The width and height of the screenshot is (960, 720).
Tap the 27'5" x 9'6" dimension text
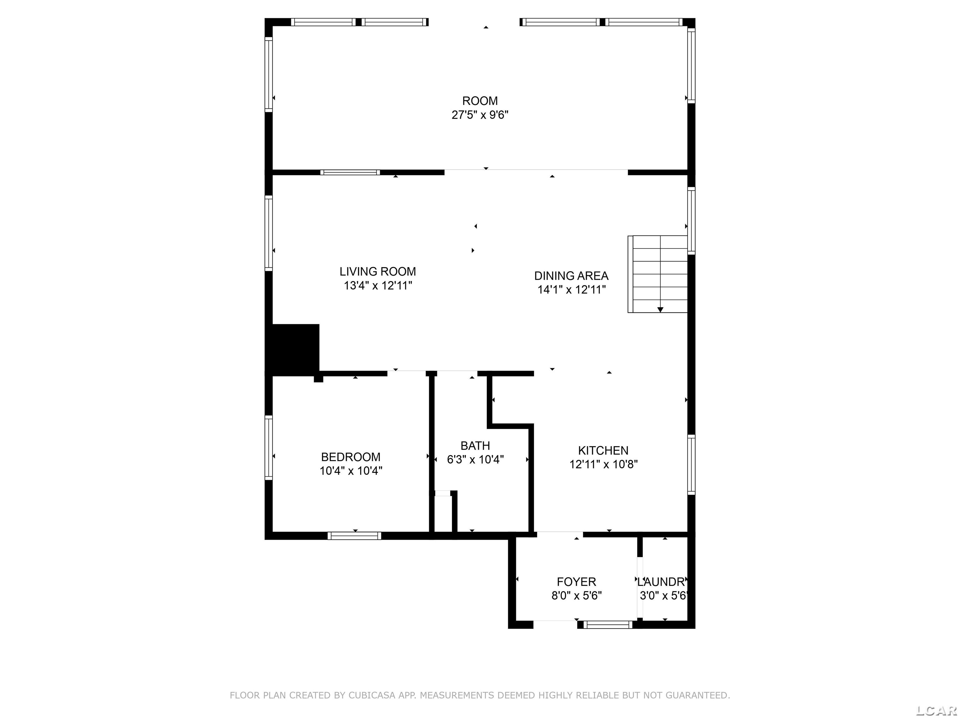[480, 115]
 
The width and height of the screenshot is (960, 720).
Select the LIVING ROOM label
[377, 272]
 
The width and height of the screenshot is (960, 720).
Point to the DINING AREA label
[571, 276]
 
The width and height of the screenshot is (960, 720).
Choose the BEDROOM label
[351, 457]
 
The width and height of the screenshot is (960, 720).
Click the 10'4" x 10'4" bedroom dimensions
[351, 471]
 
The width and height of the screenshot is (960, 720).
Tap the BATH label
[475, 446]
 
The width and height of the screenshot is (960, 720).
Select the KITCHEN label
[603, 451]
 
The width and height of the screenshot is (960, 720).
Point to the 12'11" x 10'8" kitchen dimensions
[603, 464]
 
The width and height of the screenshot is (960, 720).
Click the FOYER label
[576, 582]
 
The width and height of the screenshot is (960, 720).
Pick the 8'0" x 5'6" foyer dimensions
[576, 595]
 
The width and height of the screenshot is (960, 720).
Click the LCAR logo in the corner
[936, 710]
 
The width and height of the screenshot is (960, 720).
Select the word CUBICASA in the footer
[372, 695]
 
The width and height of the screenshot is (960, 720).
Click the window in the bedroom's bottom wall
[354, 536]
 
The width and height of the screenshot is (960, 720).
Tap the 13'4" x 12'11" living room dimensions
[377, 286]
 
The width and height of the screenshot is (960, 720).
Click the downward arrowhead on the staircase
[660, 309]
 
